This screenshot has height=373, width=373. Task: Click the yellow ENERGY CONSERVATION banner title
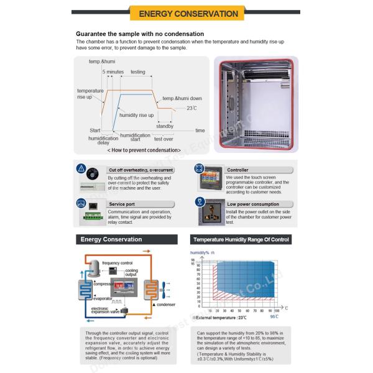click(188, 13)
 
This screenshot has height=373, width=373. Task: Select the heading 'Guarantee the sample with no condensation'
click(140, 34)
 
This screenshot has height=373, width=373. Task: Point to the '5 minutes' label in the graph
click(114, 72)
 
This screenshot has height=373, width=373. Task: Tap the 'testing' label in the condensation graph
click(138, 72)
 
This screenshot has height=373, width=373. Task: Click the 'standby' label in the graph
click(165, 126)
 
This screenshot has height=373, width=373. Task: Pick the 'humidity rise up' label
click(136, 116)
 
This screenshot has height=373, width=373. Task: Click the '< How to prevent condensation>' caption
click(145, 150)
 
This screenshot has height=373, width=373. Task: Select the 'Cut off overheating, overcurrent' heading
click(140, 169)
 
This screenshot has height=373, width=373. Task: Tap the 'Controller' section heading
click(237, 169)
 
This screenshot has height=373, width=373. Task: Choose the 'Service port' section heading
click(122, 203)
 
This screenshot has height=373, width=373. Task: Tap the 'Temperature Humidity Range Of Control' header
click(241, 239)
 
